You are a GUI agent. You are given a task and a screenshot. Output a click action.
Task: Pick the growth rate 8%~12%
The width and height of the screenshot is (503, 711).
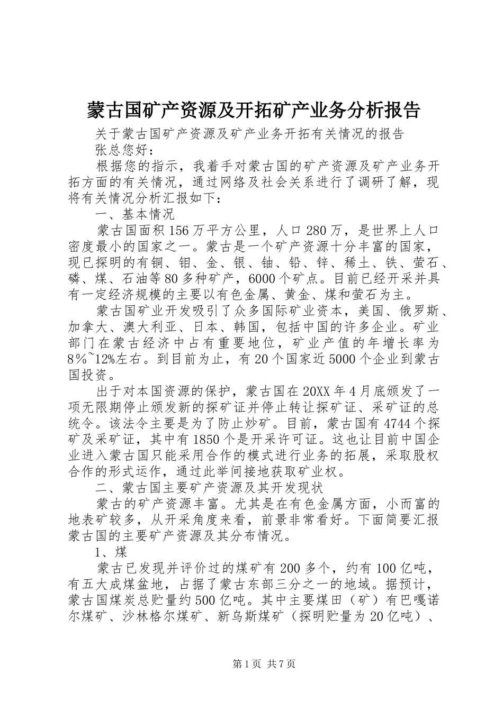tap(100, 359)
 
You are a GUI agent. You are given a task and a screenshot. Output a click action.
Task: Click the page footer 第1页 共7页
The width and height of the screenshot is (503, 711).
tap(252, 664)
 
